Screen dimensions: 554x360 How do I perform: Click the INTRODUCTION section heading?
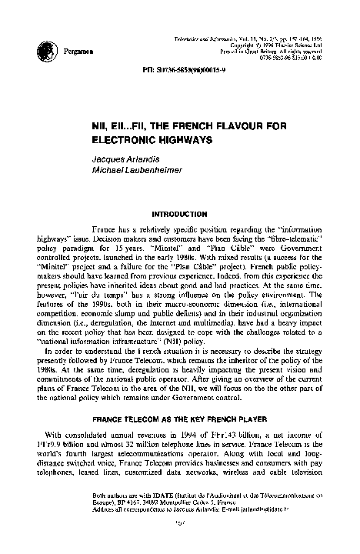(180, 212)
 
